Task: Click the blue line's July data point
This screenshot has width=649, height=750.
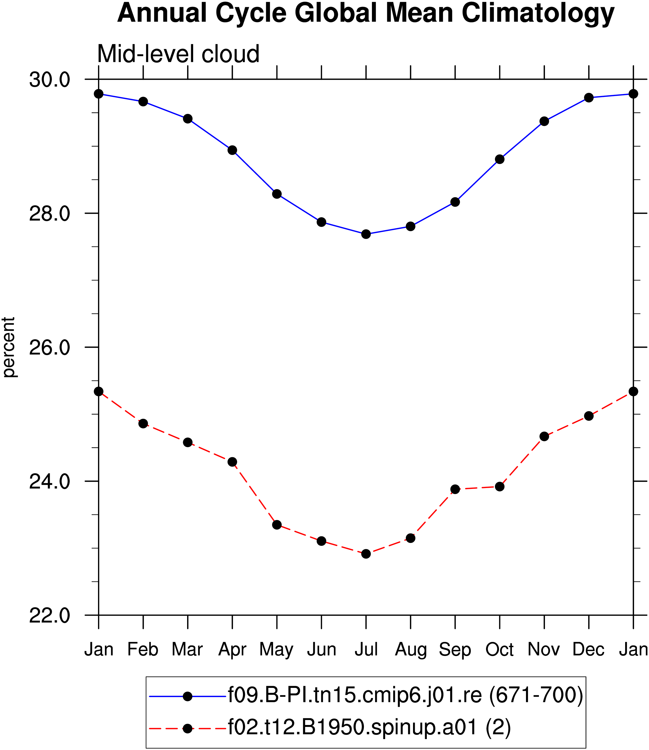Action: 366,234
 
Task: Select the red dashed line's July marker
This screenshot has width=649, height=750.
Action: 366,554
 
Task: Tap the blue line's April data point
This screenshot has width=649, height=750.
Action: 232,150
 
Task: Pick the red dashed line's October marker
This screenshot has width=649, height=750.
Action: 500,487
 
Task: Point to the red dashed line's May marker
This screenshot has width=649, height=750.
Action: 277,525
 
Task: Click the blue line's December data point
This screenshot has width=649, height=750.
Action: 589,97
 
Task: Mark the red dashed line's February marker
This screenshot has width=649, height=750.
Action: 143,424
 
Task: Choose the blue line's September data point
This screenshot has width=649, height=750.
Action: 455,202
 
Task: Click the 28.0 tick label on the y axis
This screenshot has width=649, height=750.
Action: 49,213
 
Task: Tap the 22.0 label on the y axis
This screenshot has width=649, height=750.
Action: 49,615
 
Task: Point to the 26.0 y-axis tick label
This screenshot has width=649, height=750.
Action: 49,347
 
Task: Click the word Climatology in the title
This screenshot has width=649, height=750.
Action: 538,14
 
